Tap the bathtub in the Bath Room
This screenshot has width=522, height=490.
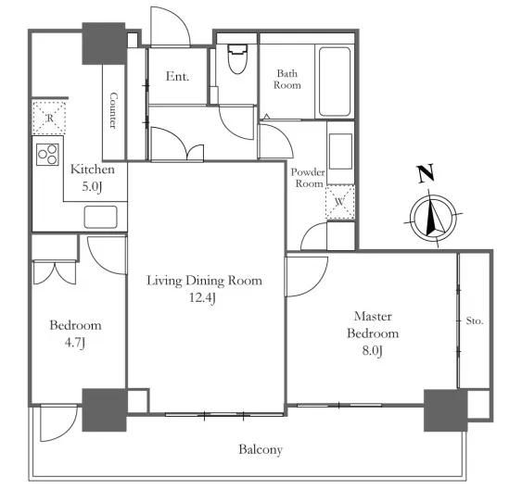(x=335, y=82)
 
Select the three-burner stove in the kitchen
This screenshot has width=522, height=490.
(x=47, y=155)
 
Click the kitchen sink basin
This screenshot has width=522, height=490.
(x=100, y=217)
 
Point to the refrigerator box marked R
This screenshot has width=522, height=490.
(x=49, y=118)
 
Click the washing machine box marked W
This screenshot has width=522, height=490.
(x=340, y=202)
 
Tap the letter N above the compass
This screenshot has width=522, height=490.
(x=426, y=173)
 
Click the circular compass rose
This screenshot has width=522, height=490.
(x=433, y=219)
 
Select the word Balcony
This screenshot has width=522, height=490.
(x=261, y=450)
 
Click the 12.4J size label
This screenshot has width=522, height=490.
(x=203, y=297)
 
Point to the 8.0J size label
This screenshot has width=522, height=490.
(x=373, y=351)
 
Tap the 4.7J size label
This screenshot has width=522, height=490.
(x=75, y=343)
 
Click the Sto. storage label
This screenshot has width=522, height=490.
(x=475, y=321)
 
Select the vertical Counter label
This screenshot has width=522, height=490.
(x=113, y=110)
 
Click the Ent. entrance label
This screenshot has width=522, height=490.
(x=177, y=77)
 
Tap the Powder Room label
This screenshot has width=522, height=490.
(x=308, y=178)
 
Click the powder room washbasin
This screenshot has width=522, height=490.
(x=340, y=151)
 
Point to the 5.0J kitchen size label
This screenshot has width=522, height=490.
(x=92, y=186)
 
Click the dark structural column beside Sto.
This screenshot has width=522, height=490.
(x=445, y=410)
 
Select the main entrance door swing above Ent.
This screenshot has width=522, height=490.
(x=171, y=26)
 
